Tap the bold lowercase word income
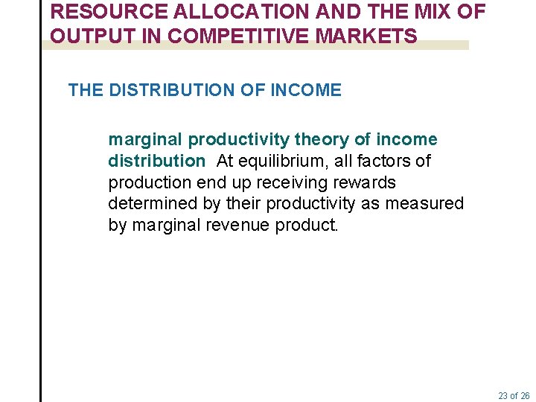pos(406,140)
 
